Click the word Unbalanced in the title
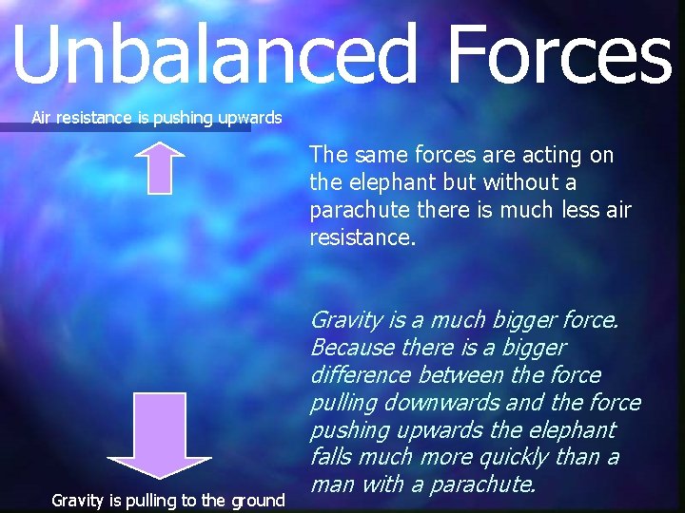(x=214, y=55)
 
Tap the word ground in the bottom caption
(x=257, y=500)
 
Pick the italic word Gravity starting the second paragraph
(x=346, y=320)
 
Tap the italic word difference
(x=359, y=375)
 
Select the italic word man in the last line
(x=330, y=484)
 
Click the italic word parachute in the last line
(x=482, y=484)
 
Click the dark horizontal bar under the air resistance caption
(x=124, y=127)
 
